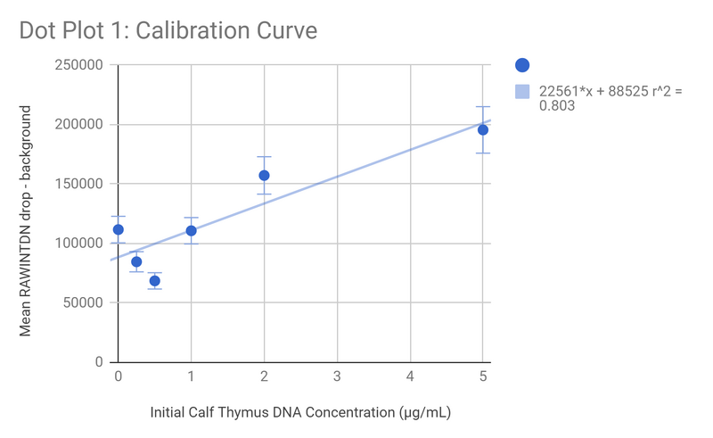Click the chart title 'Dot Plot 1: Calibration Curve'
(x=168, y=30)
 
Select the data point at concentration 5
(x=483, y=130)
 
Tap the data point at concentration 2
(x=264, y=176)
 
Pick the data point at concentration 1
(x=191, y=231)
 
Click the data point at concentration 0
(x=119, y=229)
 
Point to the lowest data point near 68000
(x=154, y=281)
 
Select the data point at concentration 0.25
(x=136, y=262)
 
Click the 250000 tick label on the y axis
(x=78, y=65)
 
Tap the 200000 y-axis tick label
(x=78, y=125)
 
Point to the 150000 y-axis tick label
(x=78, y=184)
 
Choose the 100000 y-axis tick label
(x=78, y=244)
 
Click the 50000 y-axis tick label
(x=81, y=302)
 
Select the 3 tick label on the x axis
(x=337, y=377)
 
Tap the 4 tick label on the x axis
(x=410, y=377)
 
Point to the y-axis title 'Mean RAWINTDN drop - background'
(x=26, y=220)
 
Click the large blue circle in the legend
(x=523, y=64)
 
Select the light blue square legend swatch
(x=523, y=91)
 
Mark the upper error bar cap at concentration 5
(x=483, y=107)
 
